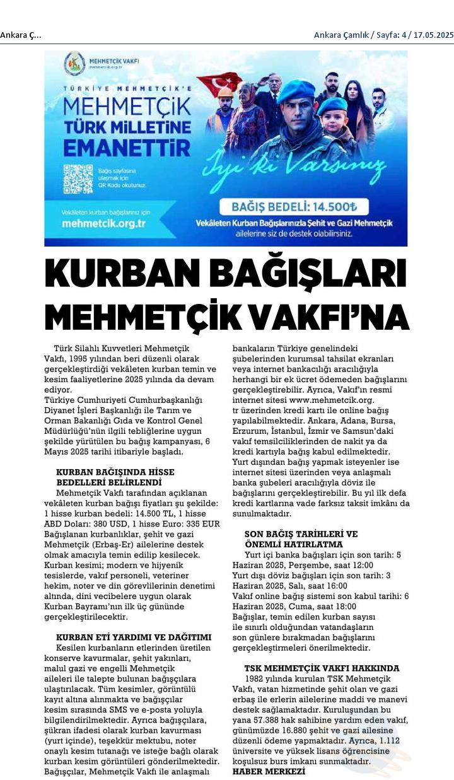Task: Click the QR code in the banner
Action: coord(78,179)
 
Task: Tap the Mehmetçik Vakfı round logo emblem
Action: coord(74,64)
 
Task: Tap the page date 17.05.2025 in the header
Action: coord(433,35)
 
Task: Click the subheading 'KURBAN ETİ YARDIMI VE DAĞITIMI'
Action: coord(134,637)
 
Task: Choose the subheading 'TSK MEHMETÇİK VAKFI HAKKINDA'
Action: coord(322,668)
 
